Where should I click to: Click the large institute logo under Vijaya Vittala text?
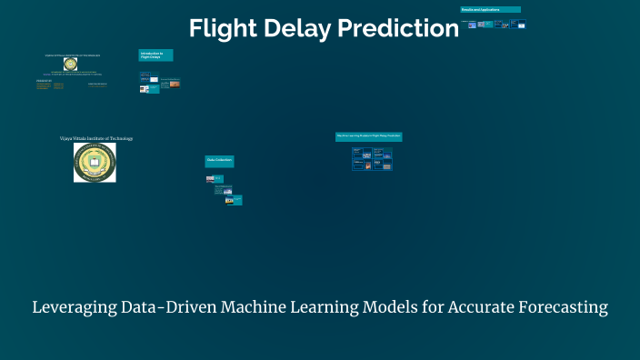click(x=95, y=163)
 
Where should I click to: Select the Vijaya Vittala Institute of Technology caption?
click(x=95, y=138)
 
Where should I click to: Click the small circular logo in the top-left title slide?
click(x=70, y=65)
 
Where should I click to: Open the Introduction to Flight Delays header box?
click(x=155, y=55)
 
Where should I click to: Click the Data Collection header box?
click(x=219, y=160)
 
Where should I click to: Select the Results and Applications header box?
click(x=490, y=9)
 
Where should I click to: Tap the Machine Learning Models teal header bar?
click(x=368, y=136)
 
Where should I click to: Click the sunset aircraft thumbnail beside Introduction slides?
click(x=174, y=84)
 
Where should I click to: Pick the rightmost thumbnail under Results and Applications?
click(x=520, y=24)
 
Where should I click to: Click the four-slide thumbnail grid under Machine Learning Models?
click(x=372, y=159)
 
